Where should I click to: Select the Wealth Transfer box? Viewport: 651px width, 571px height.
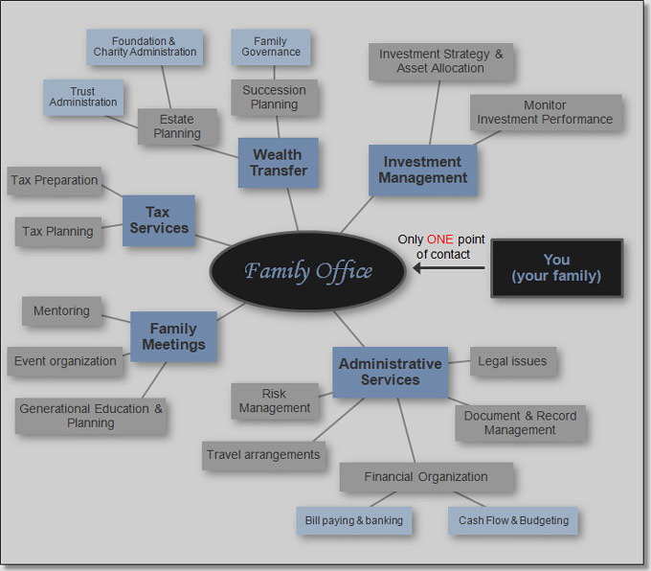click(279, 162)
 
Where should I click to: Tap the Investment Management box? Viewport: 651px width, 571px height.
click(422, 170)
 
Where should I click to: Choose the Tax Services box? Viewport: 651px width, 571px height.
click(158, 219)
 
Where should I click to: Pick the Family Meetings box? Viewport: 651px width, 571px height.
click(173, 336)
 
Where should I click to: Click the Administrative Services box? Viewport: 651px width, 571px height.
click(390, 372)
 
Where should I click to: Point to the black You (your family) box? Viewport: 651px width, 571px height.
click(556, 267)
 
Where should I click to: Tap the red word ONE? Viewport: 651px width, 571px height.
click(439, 240)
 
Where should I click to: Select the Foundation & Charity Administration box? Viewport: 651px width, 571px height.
click(145, 46)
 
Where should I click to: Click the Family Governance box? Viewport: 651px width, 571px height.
click(271, 46)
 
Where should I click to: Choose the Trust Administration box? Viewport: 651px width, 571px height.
click(82, 97)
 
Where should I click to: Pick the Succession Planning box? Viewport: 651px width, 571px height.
click(274, 98)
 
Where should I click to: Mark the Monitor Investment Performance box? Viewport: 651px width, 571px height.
click(546, 112)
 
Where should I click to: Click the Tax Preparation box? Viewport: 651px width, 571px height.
click(54, 180)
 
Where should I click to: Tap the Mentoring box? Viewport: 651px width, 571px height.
click(61, 311)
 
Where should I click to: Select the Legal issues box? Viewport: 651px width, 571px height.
click(513, 361)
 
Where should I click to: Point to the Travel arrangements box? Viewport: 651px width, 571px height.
click(263, 454)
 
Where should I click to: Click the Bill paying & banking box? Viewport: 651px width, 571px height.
click(354, 520)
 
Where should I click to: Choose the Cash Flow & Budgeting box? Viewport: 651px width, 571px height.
click(513, 520)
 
